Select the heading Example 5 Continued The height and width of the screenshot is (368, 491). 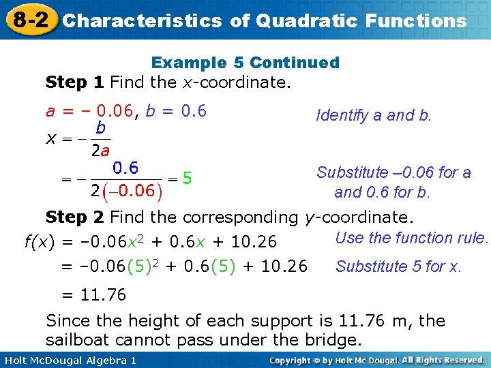(x=245, y=63)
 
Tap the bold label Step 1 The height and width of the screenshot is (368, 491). (x=74, y=83)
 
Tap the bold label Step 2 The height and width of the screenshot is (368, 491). (x=74, y=217)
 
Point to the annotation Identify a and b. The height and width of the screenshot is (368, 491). (x=374, y=115)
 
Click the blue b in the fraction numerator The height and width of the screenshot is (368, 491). (x=100, y=127)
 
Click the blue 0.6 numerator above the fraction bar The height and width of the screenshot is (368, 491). (x=125, y=168)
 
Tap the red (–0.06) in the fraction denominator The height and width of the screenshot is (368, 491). (x=131, y=190)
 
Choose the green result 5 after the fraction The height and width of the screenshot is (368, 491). (x=188, y=179)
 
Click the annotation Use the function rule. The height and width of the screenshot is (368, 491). (x=413, y=238)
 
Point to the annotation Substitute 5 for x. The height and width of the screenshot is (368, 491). (x=398, y=266)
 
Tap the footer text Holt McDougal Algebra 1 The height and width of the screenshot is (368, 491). (x=68, y=360)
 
